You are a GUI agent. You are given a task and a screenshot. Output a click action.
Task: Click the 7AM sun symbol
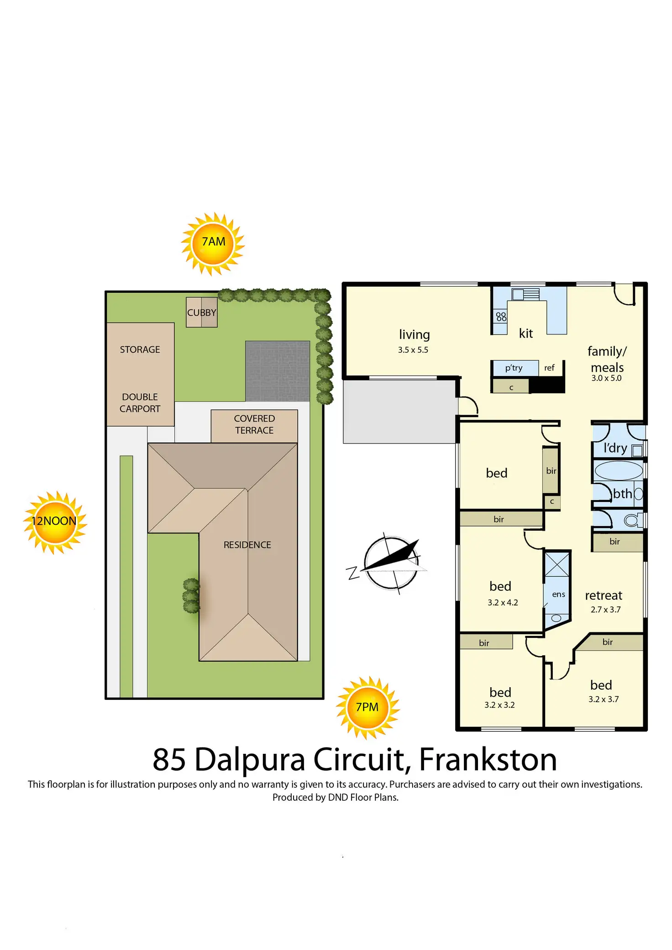[213, 243]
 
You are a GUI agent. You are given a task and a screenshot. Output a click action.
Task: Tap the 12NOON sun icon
[55, 522]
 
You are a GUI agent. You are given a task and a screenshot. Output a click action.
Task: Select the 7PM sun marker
[367, 708]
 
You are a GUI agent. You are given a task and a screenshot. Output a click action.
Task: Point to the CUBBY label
[201, 313]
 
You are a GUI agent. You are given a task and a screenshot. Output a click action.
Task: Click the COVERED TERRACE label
[254, 424]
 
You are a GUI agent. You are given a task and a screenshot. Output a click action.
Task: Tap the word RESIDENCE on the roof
[247, 545]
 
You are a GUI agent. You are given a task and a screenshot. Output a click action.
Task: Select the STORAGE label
[140, 350]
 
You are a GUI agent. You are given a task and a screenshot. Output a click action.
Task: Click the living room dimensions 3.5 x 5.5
[413, 350]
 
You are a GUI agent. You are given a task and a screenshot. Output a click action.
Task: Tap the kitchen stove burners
[501, 316]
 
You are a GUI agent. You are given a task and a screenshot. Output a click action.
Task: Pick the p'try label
[514, 368]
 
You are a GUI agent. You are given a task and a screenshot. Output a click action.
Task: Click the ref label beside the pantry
[549, 368]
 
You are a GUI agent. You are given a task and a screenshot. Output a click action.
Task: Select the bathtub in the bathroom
[619, 470]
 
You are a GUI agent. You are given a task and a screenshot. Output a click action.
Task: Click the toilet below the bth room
[633, 520]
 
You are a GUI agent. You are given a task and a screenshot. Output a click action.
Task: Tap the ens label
[558, 594]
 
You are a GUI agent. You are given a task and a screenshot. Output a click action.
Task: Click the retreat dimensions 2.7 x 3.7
[605, 610]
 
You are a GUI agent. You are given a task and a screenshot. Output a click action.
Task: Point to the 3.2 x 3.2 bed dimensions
[499, 705]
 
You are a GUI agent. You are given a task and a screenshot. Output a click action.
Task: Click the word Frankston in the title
[488, 760]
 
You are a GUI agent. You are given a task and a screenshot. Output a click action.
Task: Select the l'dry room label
[615, 448]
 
